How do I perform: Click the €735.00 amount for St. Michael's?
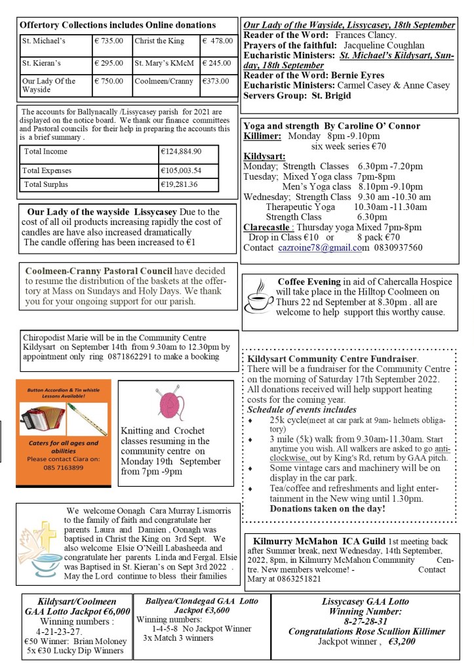point(109,41)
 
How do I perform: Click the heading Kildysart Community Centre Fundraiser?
point(332,359)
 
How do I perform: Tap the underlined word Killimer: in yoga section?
point(263,137)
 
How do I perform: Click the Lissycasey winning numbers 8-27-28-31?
point(365,621)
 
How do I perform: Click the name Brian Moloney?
point(91,640)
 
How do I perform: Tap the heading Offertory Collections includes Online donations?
point(118,25)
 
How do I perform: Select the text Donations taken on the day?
point(327,508)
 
